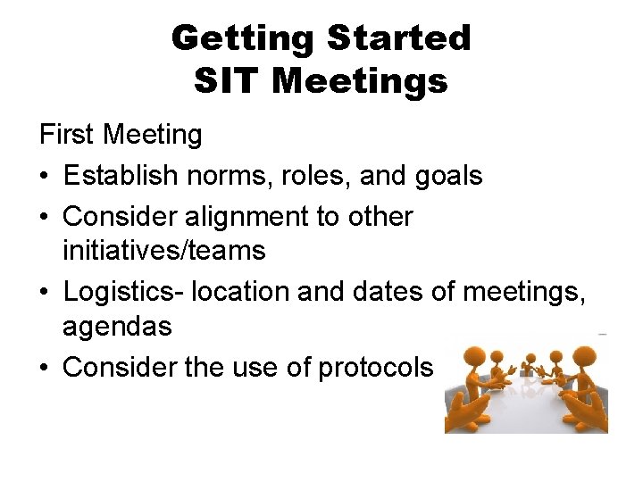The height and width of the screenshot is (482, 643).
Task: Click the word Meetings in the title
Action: pyautogui.click(x=359, y=81)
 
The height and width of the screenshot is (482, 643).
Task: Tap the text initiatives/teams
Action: pyautogui.click(x=163, y=251)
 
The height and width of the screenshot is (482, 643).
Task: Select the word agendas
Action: pyautogui.click(x=116, y=327)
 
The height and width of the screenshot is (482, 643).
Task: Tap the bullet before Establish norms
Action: pyautogui.click(x=45, y=177)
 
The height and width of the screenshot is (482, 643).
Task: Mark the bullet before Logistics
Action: pyautogui.click(x=45, y=293)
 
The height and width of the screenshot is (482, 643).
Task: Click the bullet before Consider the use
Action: pyautogui.click(x=45, y=368)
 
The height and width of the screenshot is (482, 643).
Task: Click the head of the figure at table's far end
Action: pyautogui.click(x=530, y=358)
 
